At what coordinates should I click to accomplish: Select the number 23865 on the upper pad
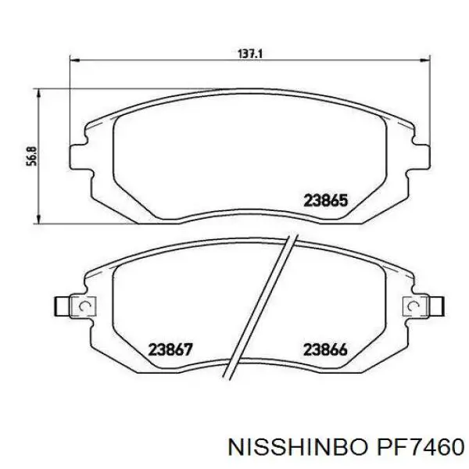(325, 201)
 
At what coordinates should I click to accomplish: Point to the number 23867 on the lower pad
(171, 349)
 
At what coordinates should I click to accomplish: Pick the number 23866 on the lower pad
(325, 349)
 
